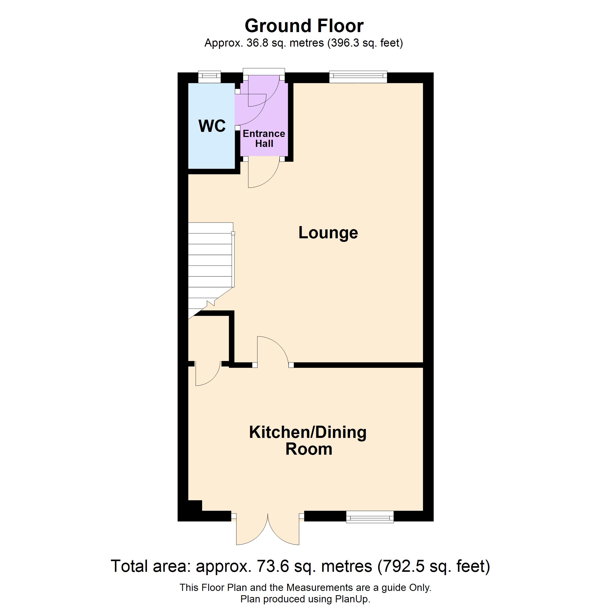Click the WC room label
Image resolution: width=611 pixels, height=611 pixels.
point(212,126)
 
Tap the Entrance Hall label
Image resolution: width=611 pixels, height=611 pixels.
point(264,138)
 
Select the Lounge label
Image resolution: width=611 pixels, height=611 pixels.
point(328,233)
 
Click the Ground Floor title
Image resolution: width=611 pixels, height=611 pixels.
point(304,26)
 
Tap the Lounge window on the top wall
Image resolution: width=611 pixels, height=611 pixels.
point(358,77)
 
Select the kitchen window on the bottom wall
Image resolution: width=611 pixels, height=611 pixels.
point(370,517)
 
